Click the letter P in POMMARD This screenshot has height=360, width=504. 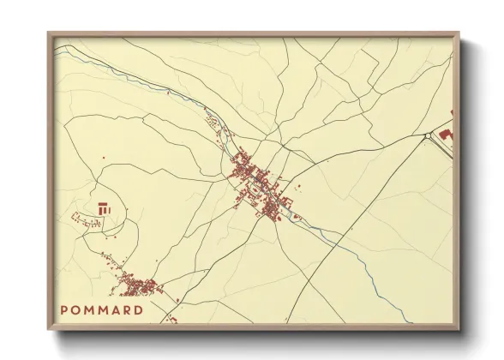[65, 310]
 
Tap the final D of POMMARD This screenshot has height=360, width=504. [138, 310]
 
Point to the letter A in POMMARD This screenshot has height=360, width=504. [114, 310]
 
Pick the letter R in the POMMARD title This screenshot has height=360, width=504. [126, 310]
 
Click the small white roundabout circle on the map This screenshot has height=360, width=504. [426, 136]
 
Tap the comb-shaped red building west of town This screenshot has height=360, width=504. [105, 207]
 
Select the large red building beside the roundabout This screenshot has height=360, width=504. [445, 134]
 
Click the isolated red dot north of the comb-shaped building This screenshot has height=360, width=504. [103, 158]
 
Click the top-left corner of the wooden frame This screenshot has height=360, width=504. [50, 34]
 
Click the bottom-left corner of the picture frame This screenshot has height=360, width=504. [50, 328]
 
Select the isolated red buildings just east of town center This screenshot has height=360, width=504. [300, 183]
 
